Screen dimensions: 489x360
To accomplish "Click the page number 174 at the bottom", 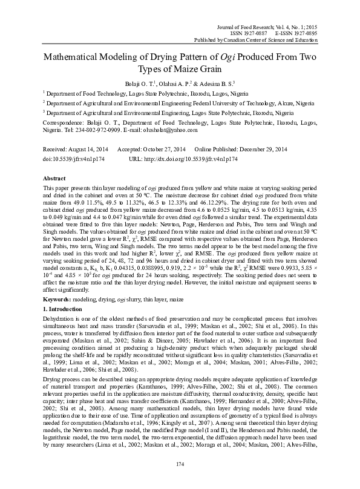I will (180, 464).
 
